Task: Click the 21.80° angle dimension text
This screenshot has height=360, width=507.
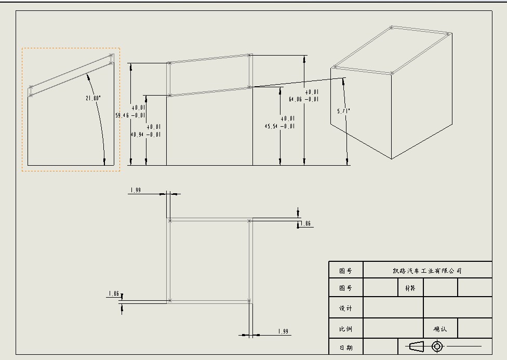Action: point(94,98)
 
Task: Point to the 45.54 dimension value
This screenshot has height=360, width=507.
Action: point(272,126)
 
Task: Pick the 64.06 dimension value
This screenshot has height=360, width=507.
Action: point(296,99)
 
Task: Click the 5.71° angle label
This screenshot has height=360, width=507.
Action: point(344,111)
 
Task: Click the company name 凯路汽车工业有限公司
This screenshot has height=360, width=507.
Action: point(427,271)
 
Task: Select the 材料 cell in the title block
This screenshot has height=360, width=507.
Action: point(410,288)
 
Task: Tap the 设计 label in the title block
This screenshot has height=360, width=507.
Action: point(345,308)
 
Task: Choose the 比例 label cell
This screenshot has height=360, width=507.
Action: point(345,329)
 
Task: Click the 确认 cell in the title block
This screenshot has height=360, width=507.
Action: point(440,329)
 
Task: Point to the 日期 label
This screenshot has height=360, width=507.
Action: point(345,348)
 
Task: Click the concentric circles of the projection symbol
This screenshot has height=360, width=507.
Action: point(437,346)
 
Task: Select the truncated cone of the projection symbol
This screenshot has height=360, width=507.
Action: point(417,346)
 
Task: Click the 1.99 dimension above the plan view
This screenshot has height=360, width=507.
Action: point(135,190)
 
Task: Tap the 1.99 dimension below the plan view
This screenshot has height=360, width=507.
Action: point(284,331)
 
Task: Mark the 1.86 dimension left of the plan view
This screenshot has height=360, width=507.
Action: point(113,294)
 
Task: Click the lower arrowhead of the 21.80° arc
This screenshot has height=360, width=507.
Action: point(105,162)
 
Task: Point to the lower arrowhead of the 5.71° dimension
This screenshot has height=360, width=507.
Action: point(347,162)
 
